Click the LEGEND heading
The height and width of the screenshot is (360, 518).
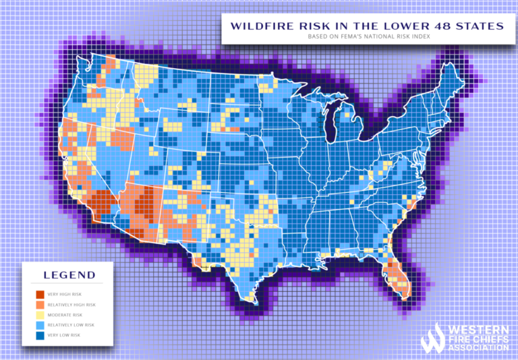coord(69,275)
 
